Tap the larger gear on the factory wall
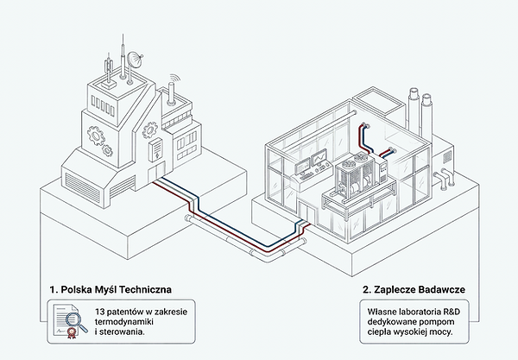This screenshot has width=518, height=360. coord(96,136)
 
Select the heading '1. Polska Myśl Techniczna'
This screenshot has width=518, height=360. coord(111,290)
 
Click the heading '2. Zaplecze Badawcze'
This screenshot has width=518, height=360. coord(414,290)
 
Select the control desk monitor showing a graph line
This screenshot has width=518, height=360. coord(319,157)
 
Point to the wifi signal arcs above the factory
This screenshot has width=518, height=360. coord(175,79)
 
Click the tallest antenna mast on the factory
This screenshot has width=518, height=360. coord(123,56)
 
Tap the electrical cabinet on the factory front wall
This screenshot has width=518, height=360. coord(155,150)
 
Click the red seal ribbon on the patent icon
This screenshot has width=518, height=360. coord(71,333)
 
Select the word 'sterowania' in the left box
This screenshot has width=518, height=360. coord(121,332)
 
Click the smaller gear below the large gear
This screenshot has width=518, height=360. coord(108,150)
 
